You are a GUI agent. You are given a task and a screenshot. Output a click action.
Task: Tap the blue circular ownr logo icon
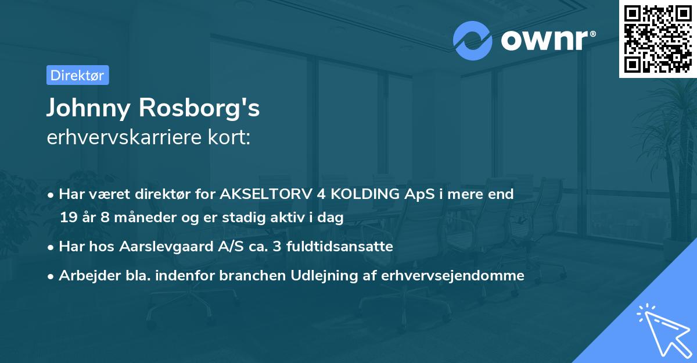pyautogui.click(x=472, y=41)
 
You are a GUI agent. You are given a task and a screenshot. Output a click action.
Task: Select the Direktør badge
pyautogui.click(x=77, y=76)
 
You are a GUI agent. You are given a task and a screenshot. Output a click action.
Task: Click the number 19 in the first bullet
pyautogui.click(x=68, y=218)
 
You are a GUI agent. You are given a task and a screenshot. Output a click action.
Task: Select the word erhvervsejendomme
pyautogui.click(x=453, y=276)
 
